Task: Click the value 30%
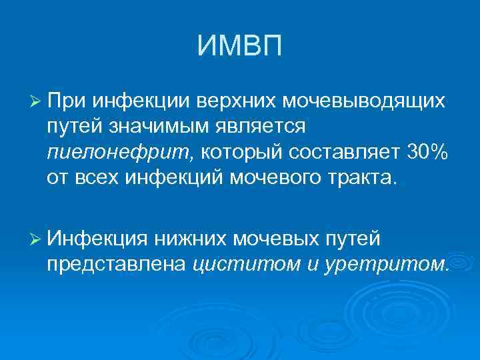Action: (x=427, y=152)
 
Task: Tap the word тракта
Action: (x=361, y=178)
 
